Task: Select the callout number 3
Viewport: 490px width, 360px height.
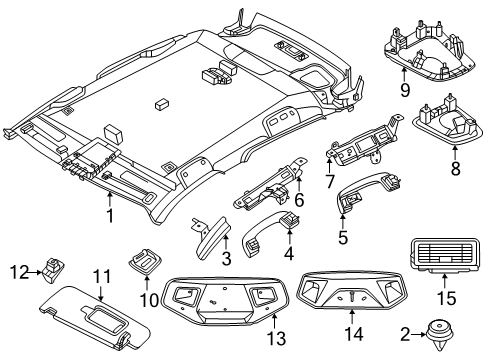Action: pyautogui.click(x=226, y=259)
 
